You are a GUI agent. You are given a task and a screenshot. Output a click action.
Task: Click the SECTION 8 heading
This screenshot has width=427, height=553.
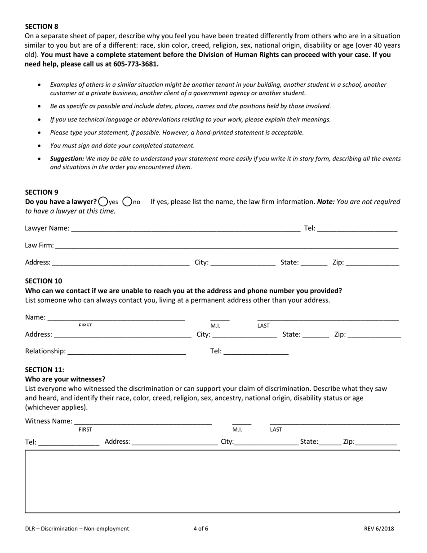[41, 27]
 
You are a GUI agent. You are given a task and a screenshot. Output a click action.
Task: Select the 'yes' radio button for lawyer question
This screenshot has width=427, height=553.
[103, 202]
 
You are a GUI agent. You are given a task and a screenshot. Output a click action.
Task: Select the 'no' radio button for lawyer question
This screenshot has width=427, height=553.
[127, 202]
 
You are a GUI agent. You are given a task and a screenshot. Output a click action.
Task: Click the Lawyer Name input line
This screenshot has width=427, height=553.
[185, 228]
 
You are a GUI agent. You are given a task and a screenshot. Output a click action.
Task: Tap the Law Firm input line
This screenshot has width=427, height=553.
[227, 246]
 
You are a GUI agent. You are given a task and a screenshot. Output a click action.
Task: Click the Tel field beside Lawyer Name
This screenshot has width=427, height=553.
[357, 228]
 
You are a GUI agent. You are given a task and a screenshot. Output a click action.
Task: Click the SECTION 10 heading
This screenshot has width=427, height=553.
[44, 281]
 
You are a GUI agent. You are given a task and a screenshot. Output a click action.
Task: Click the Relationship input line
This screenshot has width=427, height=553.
[127, 352]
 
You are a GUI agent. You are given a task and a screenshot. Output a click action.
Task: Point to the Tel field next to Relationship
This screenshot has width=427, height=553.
[255, 352]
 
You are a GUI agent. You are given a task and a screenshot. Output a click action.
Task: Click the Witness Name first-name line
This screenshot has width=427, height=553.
[143, 421]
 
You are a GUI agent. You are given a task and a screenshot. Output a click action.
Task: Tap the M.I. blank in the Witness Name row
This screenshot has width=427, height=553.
[241, 421]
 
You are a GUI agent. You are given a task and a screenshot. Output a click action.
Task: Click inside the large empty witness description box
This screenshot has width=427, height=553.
[212, 481]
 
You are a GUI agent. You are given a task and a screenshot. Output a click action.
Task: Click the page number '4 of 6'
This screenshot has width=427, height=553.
[201, 529]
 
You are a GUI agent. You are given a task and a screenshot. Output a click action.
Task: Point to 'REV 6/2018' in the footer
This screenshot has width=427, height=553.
[379, 529]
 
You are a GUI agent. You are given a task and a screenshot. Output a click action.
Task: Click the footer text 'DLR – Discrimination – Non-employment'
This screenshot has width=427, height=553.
[77, 529]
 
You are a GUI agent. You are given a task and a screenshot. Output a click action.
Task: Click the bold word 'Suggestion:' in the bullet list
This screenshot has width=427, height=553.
[67, 159]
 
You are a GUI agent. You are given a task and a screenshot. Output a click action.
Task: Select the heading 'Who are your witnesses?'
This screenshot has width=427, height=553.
[65, 379]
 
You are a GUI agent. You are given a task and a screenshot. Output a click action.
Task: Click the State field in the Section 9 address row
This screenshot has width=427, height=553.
[314, 263]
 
